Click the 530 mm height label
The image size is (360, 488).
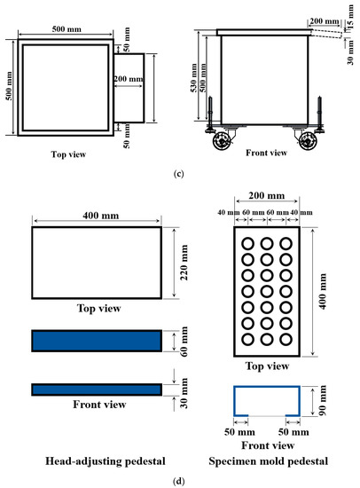coord(193,78)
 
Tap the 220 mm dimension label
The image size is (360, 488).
coord(184,263)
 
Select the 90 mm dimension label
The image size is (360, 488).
coord(323,400)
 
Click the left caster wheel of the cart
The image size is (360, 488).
coord(221,141)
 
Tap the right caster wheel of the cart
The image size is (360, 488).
coord(308,141)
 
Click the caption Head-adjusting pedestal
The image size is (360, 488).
coord(106,460)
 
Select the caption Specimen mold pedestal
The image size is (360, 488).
coord(268,460)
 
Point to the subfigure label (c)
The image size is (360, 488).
coord(178,174)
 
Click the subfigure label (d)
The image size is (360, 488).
coord(178,481)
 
